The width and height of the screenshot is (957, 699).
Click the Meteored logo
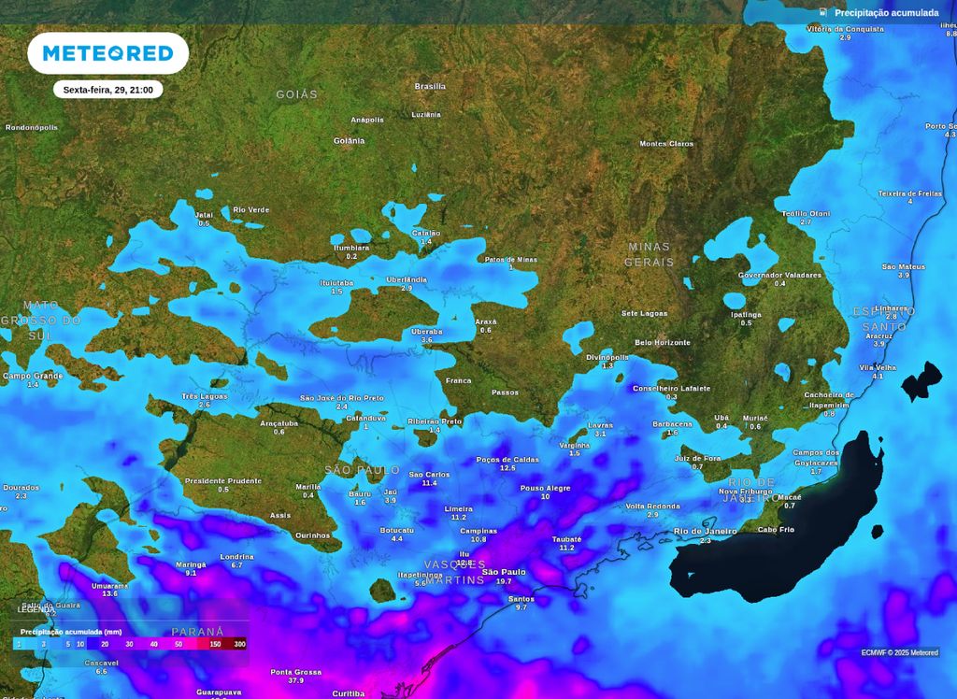pos(107,53)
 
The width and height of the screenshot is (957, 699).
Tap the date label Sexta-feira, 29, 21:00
pos(107,90)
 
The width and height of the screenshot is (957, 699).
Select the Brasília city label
pos(430,86)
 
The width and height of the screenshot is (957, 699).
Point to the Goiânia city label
pos(349,141)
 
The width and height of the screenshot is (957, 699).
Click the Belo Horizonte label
pos(663,343)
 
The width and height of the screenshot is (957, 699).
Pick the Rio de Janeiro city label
pos(706,532)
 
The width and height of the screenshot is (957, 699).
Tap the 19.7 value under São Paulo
pos(504,581)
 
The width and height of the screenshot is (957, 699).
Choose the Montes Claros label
pos(666,144)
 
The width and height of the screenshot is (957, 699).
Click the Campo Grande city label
pos(33,376)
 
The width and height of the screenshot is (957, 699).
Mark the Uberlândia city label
pos(407,279)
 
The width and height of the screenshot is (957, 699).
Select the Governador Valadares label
pos(779,276)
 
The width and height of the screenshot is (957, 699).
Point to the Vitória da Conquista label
pos(845,29)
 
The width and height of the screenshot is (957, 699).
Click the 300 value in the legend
pos(239,644)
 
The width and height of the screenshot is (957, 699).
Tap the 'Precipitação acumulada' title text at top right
pos(886,13)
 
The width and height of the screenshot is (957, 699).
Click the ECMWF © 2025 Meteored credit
pos(900,652)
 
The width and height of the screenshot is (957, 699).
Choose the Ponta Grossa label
pos(295,672)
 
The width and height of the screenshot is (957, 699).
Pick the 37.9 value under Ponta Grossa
pos(295,681)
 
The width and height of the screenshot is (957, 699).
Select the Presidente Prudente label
pos(222,480)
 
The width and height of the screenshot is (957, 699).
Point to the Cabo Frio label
pos(776,530)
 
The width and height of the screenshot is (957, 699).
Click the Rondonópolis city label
pos(32,127)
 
